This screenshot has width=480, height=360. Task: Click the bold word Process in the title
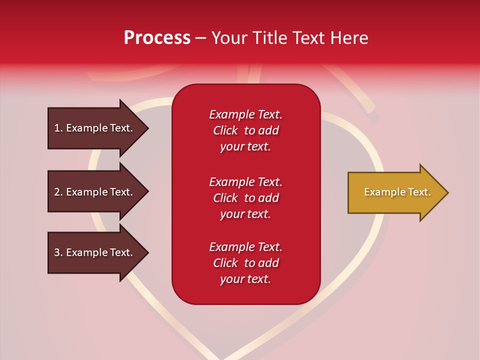click(x=157, y=38)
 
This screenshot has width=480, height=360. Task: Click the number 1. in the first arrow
click(x=58, y=128)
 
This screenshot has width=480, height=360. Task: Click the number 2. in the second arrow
click(x=58, y=192)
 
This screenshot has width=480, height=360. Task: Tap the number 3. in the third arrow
click(x=58, y=252)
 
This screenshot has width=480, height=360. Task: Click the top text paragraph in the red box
click(x=245, y=130)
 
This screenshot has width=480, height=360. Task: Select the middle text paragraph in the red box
click(x=245, y=198)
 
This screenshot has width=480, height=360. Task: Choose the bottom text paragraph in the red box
click(x=245, y=263)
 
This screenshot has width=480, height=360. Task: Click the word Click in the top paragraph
click(x=225, y=130)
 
